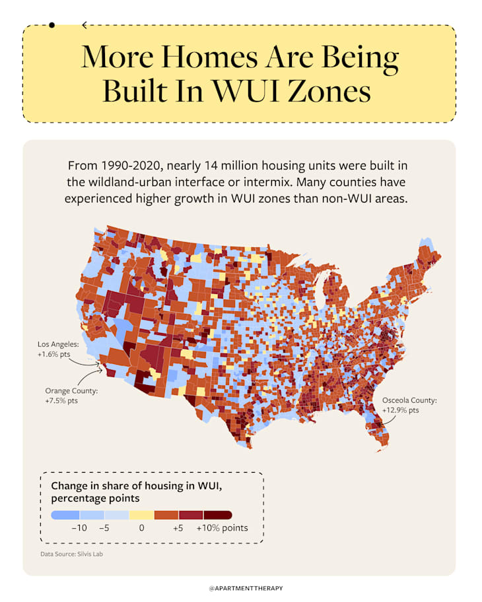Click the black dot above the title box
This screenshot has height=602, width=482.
click(52, 25)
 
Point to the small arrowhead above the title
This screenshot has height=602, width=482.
click(84, 25)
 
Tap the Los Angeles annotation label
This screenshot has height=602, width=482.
click(58, 344)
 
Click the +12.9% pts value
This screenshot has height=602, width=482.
click(400, 410)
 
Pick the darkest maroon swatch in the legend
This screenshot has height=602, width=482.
click(218, 515)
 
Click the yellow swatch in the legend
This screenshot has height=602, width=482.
click(141, 515)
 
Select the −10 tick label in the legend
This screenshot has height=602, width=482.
click(79, 528)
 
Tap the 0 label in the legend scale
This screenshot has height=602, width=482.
click(141, 528)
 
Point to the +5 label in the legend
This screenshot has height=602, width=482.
click(178, 528)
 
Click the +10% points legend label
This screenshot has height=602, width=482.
click(222, 528)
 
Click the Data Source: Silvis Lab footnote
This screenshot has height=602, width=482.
click(71, 554)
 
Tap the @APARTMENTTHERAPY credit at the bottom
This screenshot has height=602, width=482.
click(240, 587)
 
